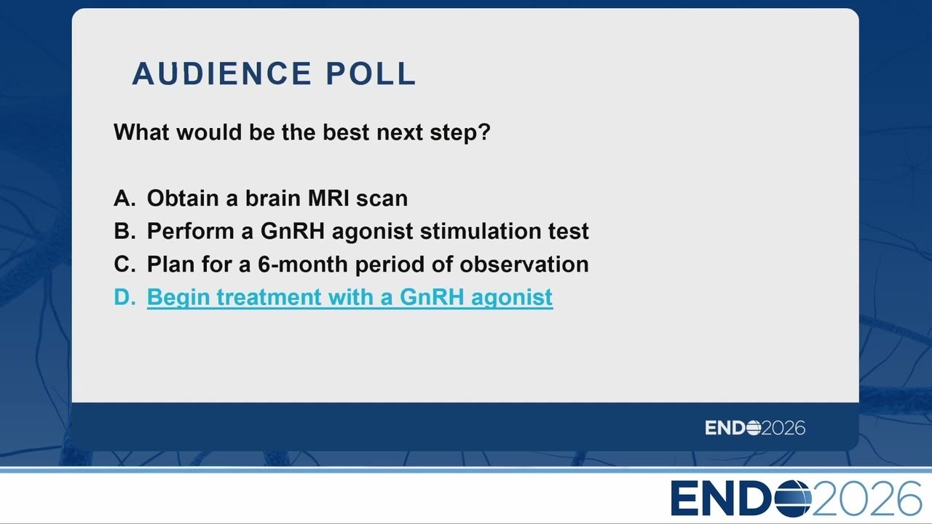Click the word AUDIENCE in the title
tap(222, 74)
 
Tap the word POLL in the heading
tap(371, 74)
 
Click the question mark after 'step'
tap(484, 132)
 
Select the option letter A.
tap(125, 198)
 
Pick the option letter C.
tap(125, 264)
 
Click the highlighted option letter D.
tap(125, 297)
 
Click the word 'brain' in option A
tap(273, 198)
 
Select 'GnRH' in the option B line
tap(292, 231)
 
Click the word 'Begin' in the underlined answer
tap(178, 298)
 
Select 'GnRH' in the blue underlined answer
tap(432, 297)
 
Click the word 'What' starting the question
tap(141, 132)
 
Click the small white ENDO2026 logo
tap(755, 428)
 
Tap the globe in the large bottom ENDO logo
tap(793, 499)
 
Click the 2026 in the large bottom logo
tap(866, 499)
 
